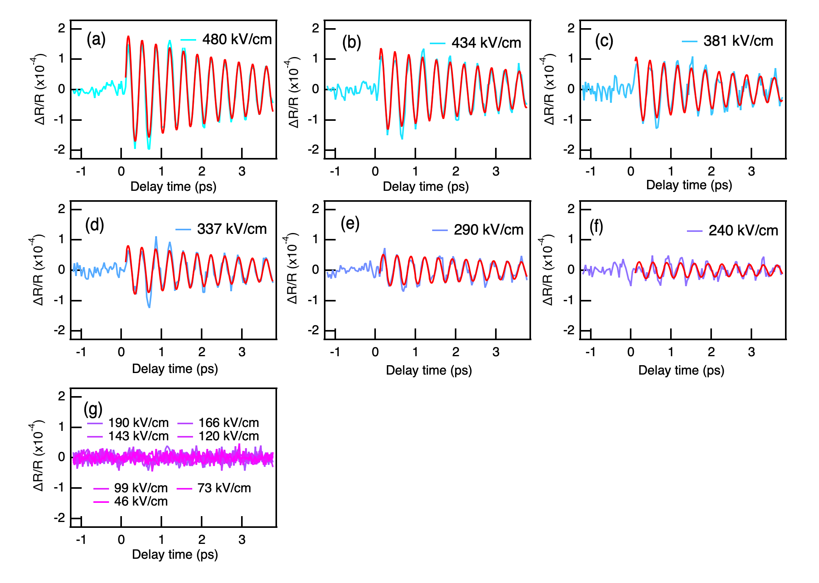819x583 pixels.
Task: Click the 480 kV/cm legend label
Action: click(x=237, y=39)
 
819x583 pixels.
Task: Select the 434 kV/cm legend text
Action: click(x=486, y=43)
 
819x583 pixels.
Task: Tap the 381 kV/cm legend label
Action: click(x=738, y=41)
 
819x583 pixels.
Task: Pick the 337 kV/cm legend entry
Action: click(x=232, y=229)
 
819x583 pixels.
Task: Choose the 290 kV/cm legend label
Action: click(x=488, y=230)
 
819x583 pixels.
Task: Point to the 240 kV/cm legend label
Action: click(x=743, y=231)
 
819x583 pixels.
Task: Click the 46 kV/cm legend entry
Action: click(x=141, y=501)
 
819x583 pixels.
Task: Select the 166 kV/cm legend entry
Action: click(x=229, y=423)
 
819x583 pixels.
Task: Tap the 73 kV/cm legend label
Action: click(x=224, y=488)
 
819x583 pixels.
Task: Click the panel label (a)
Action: click(x=96, y=39)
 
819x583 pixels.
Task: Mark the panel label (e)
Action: click(x=350, y=224)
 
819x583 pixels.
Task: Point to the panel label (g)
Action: click(x=93, y=409)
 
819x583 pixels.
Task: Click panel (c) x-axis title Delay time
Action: click(x=689, y=185)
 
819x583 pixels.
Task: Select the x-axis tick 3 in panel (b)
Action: click(x=496, y=171)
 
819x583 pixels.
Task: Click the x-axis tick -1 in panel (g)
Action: click(x=81, y=540)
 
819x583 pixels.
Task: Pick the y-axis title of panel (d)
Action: click(x=38, y=270)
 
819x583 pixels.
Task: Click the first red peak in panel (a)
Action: click(x=128, y=37)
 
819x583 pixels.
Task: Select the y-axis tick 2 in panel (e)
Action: click(x=316, y=209)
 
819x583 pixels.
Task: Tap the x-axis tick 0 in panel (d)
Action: click(x=121, y=352)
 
